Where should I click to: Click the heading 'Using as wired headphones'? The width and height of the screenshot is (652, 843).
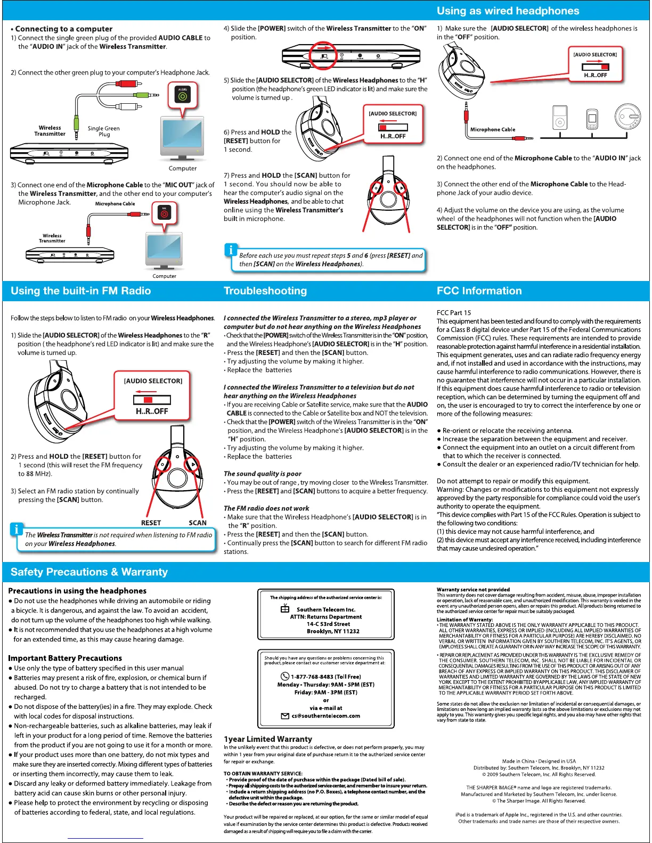[508, 11]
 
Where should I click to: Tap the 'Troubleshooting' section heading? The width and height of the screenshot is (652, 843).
[265, 291]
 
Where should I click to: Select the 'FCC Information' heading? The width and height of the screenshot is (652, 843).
[479, 291]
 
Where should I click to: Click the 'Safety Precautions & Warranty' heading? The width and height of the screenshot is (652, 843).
[89, 572]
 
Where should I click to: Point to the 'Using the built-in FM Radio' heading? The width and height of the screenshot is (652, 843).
[80, 291]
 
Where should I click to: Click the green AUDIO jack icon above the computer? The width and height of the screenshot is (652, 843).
[183, 96]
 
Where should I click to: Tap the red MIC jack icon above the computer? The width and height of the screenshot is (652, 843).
[164, 213]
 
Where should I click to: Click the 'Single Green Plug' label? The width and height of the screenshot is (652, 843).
[103, 131]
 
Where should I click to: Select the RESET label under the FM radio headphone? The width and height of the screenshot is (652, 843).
[151, 523]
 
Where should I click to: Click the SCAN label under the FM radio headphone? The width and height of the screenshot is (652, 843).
[198, 523]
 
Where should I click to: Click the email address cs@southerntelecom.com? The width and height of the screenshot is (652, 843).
[325, 716]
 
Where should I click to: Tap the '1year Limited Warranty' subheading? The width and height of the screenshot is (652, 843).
[268, 739]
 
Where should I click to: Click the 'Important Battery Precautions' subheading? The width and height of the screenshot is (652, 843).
[65, 658]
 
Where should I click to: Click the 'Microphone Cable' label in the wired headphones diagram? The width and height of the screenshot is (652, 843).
[492, 129]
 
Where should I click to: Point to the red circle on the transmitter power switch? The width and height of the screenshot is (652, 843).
[323, 55]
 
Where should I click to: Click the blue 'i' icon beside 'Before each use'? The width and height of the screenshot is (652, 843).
[231, 250]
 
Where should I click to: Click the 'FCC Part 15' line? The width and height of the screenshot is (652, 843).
[454, 312]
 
